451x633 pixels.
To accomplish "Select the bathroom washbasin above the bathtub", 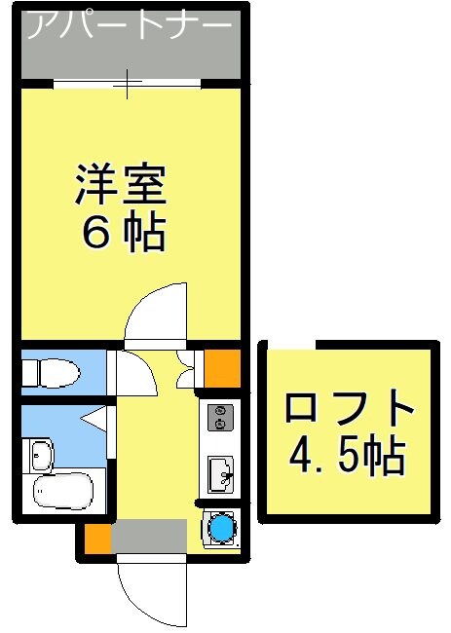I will [42, 455].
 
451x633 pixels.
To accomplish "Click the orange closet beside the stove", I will [221, 366].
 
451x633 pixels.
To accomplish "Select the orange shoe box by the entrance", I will [96, 539].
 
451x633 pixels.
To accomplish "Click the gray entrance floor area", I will [148, 537].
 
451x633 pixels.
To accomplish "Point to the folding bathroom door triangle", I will [96, 420].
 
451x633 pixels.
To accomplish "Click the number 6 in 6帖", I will [99, 234].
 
